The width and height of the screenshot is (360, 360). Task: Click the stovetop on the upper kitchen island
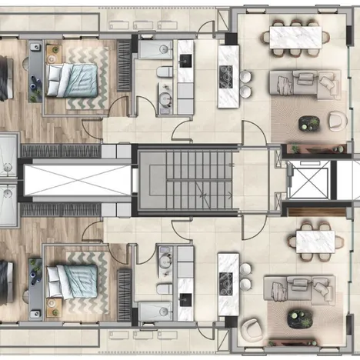click(228, 75)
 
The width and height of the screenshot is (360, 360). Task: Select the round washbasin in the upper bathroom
click(165, 99)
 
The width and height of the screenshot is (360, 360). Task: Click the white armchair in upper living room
click(336, 120)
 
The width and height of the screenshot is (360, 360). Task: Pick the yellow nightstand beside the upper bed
click(53, 53)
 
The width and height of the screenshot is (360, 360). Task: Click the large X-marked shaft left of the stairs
click(77, 179)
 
